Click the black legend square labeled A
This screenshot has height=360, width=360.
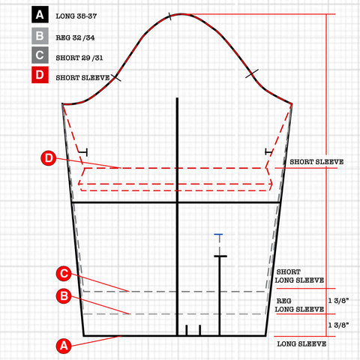(x=40, y=15)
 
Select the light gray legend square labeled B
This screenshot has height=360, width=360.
(x=40, y=36)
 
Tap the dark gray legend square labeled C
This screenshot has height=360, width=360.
(x=40, y=55)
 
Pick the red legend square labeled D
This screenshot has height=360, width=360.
(x=40, y=75)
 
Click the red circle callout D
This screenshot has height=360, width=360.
(x=49, y=158)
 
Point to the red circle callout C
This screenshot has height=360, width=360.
(x=64, y=274)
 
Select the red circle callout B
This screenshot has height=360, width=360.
(x=64, y=296)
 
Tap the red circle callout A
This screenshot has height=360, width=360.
(x=64, y=346)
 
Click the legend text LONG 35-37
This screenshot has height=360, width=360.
(x=76, y=16)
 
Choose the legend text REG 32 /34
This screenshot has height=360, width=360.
(x=75, y=37)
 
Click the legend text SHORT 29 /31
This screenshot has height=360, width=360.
(x=79, y=58)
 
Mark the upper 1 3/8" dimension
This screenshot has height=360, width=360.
(x=338, y=301)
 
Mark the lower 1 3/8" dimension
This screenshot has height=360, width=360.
(x=338, y=325)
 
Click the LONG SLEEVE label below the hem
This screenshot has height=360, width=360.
(x=301, y=343)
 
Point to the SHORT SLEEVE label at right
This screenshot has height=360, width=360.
(x=316, y=162)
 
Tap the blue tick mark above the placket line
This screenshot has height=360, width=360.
(x=218, y=234)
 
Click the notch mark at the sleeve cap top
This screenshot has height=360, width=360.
(x=169, y=16)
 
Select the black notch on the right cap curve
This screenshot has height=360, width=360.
(x=252, y=73)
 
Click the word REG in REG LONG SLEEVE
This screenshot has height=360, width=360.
(x=283, y=301)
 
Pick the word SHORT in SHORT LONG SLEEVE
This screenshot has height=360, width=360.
(x=288, y=271)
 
